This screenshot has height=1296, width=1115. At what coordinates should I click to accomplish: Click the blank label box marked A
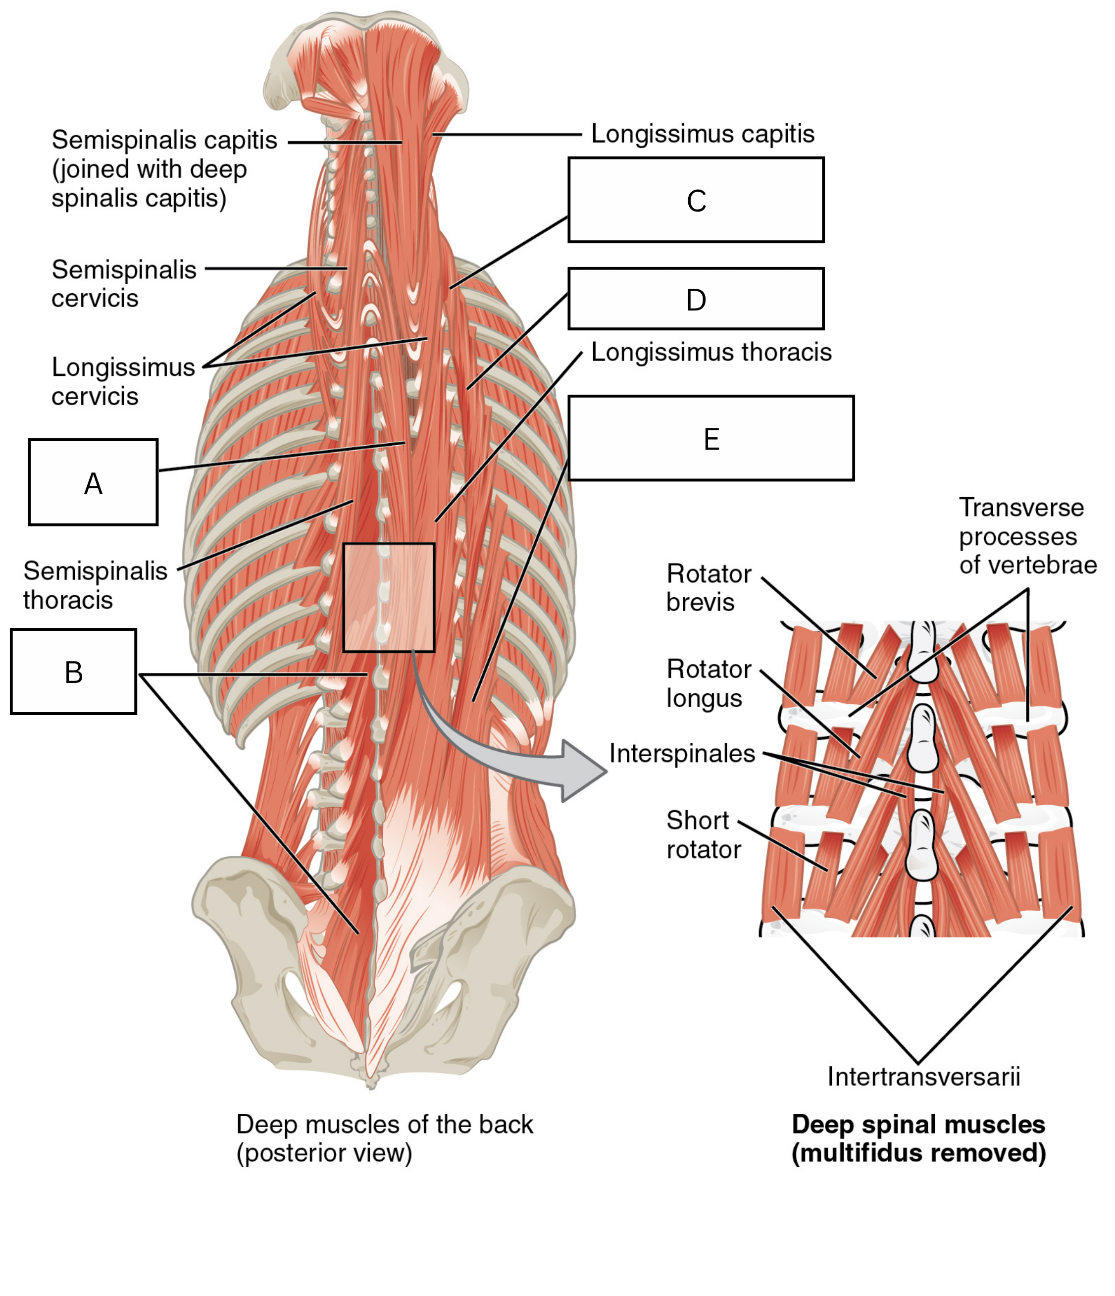click(x=93, y=482)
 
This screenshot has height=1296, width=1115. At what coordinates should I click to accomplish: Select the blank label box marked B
click(x=74, y=672)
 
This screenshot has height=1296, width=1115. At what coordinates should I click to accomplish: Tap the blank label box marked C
click(x=696, y=200)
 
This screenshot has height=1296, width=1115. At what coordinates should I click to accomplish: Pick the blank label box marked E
click(x=711, y=438)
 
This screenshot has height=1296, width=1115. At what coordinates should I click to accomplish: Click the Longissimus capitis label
click(x=703, y=134)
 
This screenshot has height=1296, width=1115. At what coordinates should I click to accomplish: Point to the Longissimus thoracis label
click(x=711, y=352)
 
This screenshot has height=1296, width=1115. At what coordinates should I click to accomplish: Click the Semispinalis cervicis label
click(x=124, y=284)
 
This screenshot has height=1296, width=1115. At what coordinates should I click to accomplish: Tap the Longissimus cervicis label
click(x=123, y=381)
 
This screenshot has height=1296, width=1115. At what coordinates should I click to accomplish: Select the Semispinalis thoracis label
click(x=95, y=585)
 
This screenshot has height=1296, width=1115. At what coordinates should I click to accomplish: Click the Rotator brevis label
click(x=709, y=588)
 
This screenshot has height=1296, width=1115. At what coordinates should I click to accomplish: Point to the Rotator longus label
click(x=709, y=683)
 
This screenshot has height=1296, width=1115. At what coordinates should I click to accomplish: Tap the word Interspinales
click(x=682, y=754)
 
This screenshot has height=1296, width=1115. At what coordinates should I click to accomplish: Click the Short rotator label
click(x=704, y=835)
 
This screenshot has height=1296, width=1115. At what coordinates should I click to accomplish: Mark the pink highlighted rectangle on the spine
click(x=389, y=597)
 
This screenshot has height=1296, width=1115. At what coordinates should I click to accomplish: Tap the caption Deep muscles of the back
click(x=385, y=1125)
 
